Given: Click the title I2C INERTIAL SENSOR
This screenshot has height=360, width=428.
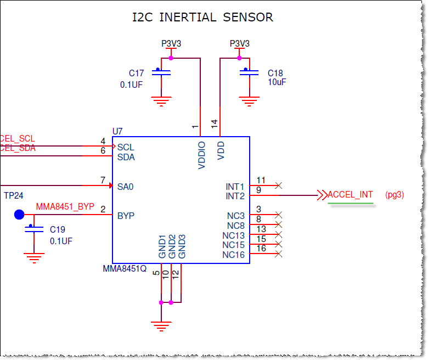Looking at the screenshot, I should coord(202,18).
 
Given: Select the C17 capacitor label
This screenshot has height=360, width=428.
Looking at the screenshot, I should coord(136,74).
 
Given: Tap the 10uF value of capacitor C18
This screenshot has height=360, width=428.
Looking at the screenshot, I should coord(277,82).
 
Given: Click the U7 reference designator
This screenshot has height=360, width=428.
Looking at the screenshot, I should coord(117,132).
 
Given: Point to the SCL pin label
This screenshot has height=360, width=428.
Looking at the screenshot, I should coord(126,148).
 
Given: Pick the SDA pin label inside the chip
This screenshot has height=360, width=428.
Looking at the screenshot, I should coord(126,157).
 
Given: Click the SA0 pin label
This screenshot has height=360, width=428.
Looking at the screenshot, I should coord(126,187).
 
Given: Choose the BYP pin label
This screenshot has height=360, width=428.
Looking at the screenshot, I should coord(126,216).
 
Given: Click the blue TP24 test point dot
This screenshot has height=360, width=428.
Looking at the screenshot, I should coord(19,215).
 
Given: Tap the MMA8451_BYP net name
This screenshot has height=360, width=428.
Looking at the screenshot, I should coord(65,207).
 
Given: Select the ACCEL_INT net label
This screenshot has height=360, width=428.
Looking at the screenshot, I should coord(350,195).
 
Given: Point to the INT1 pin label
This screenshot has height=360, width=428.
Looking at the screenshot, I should coord(235,187).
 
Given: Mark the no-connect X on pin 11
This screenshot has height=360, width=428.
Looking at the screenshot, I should coord(278,186).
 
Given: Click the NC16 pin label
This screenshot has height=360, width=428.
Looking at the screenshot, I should coord(233,255).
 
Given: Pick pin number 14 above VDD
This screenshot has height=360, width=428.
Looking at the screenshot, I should coord(215,124).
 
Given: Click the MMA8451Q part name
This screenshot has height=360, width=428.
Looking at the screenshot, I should coord(125,269).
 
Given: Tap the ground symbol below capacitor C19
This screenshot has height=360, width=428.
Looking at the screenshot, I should coord(34,257).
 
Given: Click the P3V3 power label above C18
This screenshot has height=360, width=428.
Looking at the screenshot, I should coord(239,43).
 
